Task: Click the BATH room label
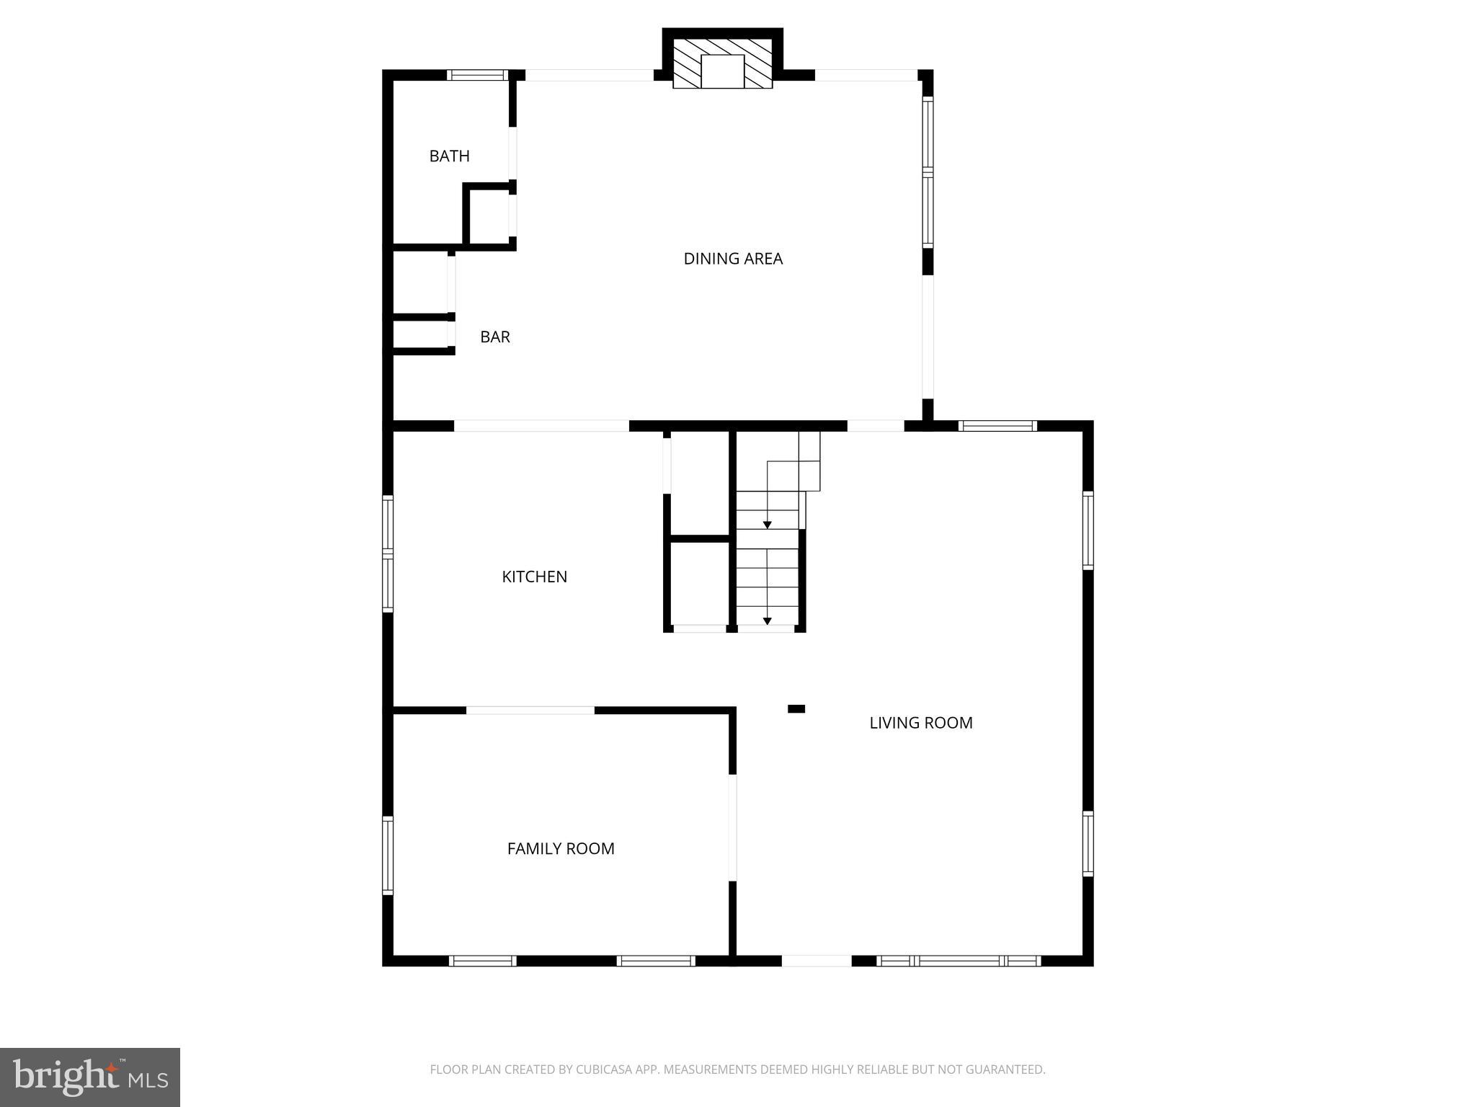(449, 156)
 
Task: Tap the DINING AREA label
(732, 258)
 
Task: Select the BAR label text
(494, 337)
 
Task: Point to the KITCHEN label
(534, 577)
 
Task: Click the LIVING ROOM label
(920, 723)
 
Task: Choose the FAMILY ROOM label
(561, 849)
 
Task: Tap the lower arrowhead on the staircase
(768, 621)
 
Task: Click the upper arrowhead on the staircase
(768, 525)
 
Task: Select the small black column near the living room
(796, 709)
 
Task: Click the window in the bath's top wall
(476, 74)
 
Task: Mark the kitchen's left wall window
(388, 553)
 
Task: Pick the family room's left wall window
(388, 855)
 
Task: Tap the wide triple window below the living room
(959, 961)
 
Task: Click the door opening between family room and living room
(732, 827)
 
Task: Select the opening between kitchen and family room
(530, 711)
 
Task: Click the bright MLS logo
(90, 1077)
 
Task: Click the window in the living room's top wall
(997, 426)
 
